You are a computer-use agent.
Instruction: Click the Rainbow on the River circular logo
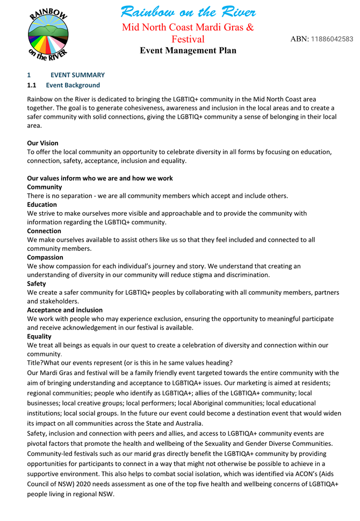coord(48,34)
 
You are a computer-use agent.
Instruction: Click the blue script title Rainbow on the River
coord(188,11)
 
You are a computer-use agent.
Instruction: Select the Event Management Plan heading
coord(188,50)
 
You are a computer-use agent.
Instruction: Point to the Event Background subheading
coord(73,85)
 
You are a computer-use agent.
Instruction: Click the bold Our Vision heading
coord(42,143)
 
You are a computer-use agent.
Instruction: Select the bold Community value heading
coord(44,187)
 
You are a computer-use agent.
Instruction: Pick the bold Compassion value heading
coord(45,257)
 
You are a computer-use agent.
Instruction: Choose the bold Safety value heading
coord(37,284)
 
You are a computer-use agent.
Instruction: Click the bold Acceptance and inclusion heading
coord(64,310)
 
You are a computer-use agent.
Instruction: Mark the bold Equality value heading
coord(39,336)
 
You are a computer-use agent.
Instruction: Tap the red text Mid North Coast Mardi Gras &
coord(188,27)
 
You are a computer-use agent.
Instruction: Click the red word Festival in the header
coord(188,39)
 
